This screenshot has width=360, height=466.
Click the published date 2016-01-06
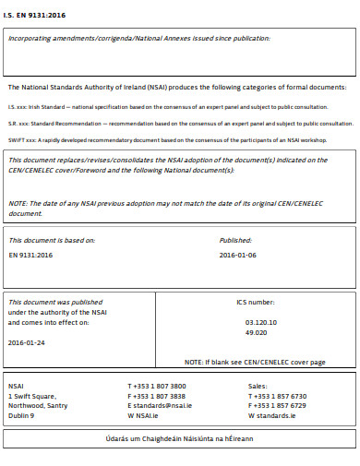(238, 254)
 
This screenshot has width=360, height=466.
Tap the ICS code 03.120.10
(261, 323)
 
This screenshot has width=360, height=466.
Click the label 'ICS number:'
(256, 303)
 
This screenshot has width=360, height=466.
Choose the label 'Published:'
(235, 240)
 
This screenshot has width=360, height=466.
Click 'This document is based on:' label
(52, 240)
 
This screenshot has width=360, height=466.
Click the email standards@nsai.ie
(161, 405)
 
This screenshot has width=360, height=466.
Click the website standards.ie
(271, 415)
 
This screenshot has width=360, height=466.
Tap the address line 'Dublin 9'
(21, 415)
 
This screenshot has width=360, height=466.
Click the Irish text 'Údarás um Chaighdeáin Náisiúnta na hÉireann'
(180, 438)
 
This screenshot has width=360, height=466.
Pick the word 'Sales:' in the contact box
(258, 386)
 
